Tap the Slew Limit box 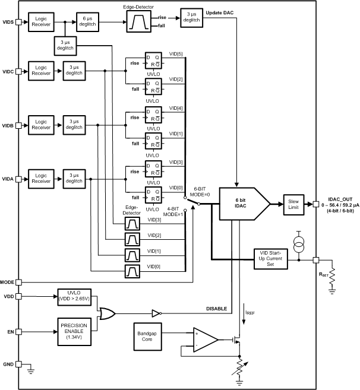293,204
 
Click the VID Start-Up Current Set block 274,259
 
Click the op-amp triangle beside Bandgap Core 204,340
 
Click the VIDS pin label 8,22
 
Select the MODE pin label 8,281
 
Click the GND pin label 8,364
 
